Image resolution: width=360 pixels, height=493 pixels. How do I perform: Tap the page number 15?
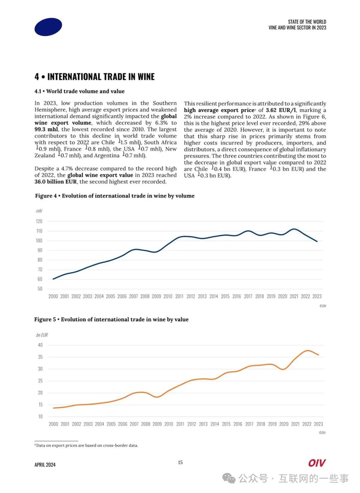point(180,463)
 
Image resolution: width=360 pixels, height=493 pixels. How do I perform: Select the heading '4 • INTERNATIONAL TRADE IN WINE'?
point(94,77)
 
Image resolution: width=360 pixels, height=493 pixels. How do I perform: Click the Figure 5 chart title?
point(111,320)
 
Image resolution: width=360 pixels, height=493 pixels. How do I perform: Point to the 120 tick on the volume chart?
point(39,221)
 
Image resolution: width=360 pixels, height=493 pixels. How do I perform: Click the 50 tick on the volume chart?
point(40,289)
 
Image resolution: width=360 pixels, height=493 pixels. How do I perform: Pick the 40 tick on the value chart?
point(40,345)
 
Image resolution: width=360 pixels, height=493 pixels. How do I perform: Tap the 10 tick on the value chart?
point(40,416)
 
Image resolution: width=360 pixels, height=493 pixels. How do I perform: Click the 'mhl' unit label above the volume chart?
point(39,211)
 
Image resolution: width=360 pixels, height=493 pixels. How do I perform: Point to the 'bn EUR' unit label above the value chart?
point(42,334)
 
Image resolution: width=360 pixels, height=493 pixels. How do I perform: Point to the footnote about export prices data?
point(86,446)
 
